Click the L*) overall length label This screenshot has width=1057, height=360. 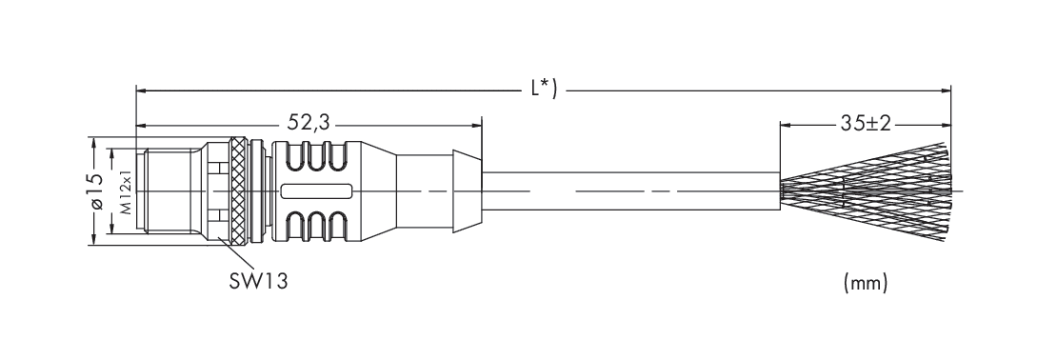[x=544, y=89]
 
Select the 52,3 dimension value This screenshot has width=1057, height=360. [x=309, y=124]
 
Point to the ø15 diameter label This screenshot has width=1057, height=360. [x=96, y=191]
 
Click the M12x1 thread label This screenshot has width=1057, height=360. [x=126, y=192]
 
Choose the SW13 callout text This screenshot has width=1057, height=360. [x=258, y=280]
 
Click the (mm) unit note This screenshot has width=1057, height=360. [x=866, y=283]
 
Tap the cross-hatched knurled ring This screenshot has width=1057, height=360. [x=238, y=192]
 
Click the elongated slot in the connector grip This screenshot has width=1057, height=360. [x=317, y=192]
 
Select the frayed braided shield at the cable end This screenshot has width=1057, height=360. [x=866, y=192]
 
